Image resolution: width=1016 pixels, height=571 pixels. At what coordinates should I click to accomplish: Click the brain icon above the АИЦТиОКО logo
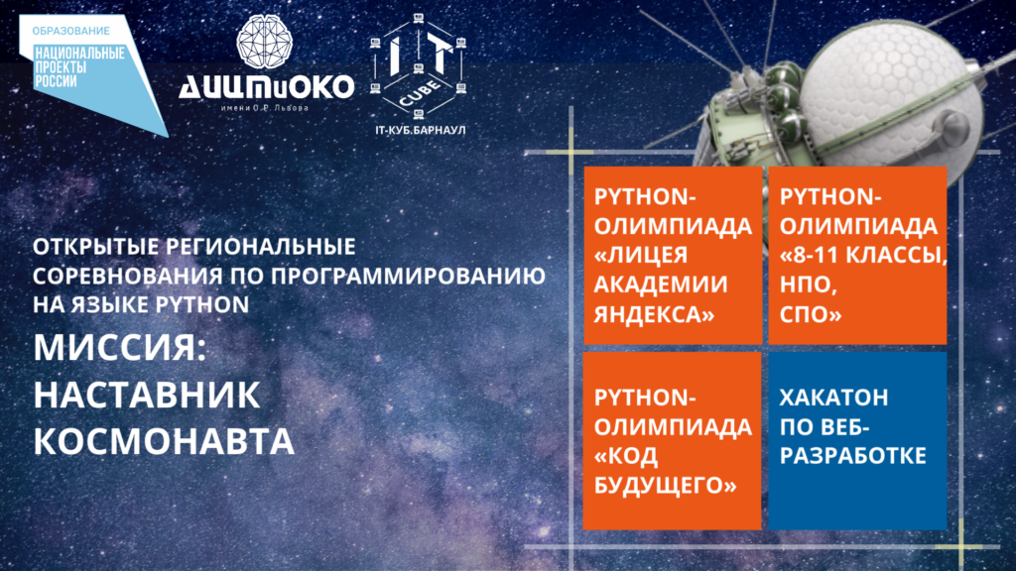[x=264, y=42]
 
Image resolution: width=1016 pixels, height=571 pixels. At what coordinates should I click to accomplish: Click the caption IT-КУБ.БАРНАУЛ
[x=420, y=130]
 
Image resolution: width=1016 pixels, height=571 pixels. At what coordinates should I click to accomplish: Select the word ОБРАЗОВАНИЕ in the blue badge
[x=71, y=31]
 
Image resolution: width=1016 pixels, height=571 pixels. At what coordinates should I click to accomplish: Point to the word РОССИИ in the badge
[x=56, y=81]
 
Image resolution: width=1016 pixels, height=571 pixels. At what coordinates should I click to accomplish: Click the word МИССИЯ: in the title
[x=120, y=348]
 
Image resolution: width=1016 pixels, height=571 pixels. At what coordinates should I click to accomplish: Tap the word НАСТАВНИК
[x=147, y=395]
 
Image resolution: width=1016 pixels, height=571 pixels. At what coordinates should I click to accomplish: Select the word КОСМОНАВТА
[x=164, y=441]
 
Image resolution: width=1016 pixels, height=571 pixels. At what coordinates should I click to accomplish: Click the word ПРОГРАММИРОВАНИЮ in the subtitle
[x=408, y=276]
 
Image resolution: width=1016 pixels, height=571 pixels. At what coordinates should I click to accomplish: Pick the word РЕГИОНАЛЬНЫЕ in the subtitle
[x=261, y=247]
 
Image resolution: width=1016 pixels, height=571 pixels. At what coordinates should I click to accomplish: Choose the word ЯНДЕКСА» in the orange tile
[x=655, y=314]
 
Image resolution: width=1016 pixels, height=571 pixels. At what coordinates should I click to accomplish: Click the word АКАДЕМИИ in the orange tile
[x=661, y=285]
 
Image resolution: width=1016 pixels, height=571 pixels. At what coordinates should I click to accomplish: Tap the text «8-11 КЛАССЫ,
[x=864, y=255]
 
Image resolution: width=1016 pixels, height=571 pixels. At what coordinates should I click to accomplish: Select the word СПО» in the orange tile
[x=811, y=314]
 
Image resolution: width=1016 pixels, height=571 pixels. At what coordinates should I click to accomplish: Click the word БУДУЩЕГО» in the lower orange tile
[x=666, y=485]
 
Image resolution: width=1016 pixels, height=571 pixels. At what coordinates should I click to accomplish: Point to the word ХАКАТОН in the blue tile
[x=833, y=398]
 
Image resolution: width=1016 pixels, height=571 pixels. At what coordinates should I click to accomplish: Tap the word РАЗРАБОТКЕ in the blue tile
[x=852, y=456]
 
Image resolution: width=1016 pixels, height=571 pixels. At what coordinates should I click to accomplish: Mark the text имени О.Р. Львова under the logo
[x=265, y=107]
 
